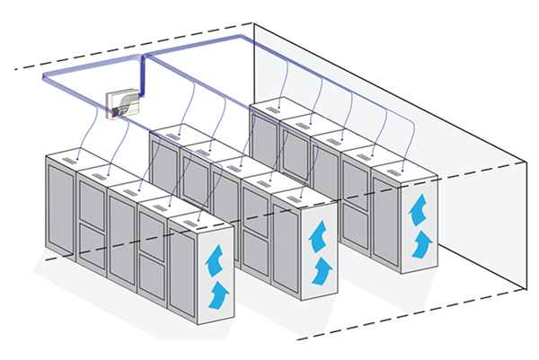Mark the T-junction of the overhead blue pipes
146,56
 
